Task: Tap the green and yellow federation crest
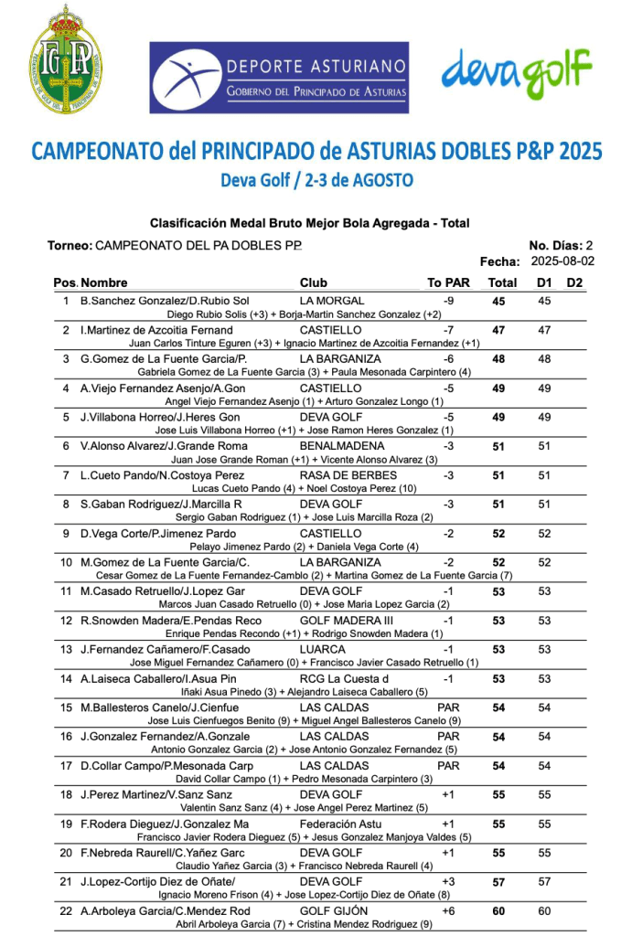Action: coord(65,60)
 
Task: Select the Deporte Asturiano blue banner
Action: coord(279,78)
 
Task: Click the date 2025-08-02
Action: coord(562,261)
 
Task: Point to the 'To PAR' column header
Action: coord(448,282)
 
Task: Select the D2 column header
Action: coord(574,282)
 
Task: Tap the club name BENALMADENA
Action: coord(341,446)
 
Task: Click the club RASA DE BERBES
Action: coord(348,475)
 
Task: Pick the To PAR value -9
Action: coord(448,301)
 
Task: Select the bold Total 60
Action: coord(498,911)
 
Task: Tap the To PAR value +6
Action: coord(448,911)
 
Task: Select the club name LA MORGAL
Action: coord(332,301)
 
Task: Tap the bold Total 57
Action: coord(498,882)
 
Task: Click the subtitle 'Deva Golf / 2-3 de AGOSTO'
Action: coord(316,180)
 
